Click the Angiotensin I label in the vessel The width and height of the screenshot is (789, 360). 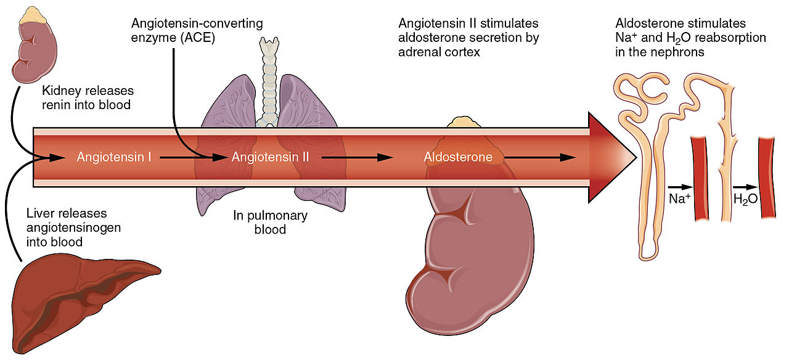coord(114,157)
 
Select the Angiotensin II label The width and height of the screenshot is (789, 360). coord(270,157)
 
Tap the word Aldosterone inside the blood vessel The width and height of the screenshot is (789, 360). coord(458,157)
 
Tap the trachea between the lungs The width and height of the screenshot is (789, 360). coord(268,80)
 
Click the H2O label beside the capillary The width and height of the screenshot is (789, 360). coord(745,199)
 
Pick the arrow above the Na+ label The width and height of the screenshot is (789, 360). coord(679,186)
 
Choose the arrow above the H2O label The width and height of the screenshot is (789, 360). coord(745,186)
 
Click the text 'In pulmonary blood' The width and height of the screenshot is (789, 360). coord(269,223)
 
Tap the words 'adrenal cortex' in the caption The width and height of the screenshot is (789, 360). coord(439,52)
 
